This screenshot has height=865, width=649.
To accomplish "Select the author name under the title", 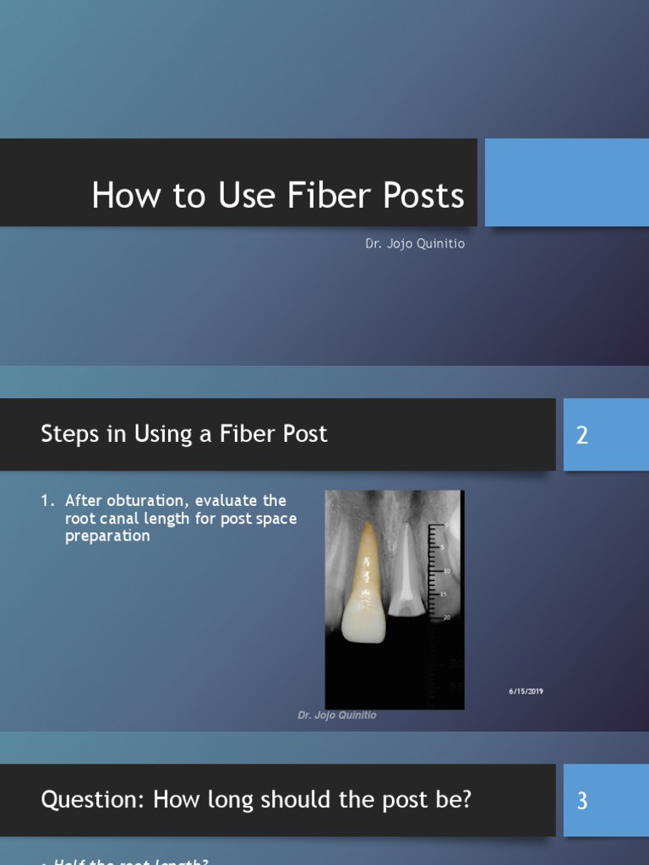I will pos(415,243).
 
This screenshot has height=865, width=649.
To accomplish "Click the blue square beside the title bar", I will pos(566,182).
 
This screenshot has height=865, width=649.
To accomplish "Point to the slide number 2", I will pos(581,436).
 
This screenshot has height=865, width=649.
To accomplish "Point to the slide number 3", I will pos(581,801).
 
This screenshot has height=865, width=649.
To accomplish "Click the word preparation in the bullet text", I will pos(107,536).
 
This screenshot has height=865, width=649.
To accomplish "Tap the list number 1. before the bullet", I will pos(47,501).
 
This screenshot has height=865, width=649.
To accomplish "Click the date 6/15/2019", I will pos(526,692).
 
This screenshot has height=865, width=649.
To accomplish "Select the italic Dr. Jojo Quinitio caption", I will pos(337,715).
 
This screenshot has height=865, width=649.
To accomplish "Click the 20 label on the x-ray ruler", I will pos(447,617).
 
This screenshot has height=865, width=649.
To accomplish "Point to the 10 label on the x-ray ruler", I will pos(447,571).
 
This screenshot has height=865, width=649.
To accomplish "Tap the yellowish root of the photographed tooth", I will pos(366,558).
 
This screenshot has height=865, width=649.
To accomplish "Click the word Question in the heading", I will pos(90,799).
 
